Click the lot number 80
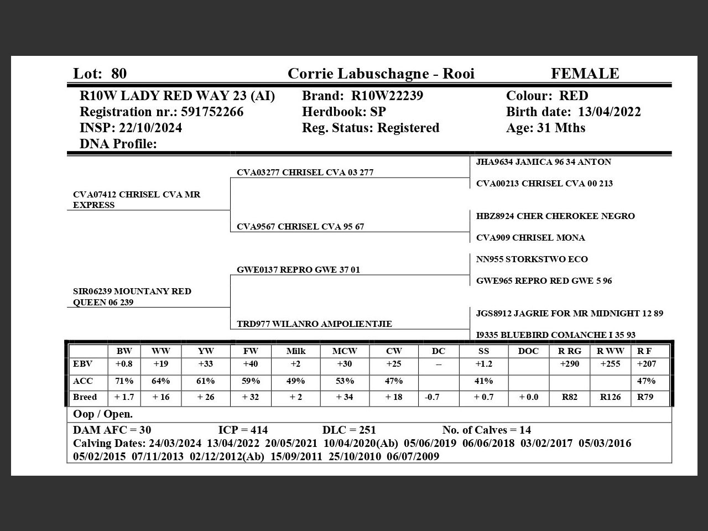coord(119,74)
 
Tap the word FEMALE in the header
coord(585,74)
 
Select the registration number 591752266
coord(212,112)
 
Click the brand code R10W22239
coord(387,96)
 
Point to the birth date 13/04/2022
coord(610,112)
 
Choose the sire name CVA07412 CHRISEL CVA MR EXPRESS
coord(137,200)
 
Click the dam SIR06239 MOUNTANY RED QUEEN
coord(132,296)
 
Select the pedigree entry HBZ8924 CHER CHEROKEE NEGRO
coord(555,216)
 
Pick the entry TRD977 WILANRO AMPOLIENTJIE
coord(314,324)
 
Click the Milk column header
coord(296,351)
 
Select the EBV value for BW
coord(124,364)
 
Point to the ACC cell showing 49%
coord(296,381)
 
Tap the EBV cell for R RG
coord(570,364)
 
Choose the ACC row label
coord(83,381)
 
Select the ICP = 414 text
coord(243,430)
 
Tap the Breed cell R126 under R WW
coord(611,397)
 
